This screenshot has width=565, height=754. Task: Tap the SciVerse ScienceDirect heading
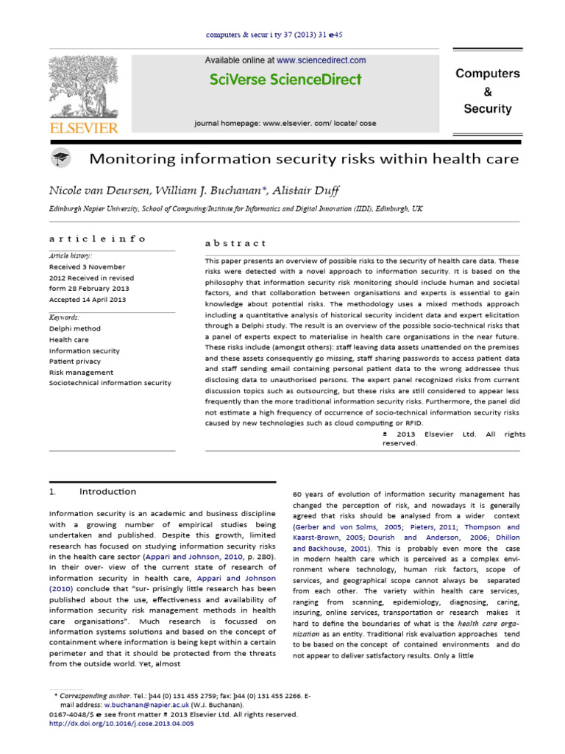285,80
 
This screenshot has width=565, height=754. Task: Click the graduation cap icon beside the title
61,158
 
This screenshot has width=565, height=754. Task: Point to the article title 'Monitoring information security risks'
304,159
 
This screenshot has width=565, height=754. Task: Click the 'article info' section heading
97,239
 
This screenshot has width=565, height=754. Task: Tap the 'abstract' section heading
235,242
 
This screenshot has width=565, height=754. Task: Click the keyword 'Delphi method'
74,328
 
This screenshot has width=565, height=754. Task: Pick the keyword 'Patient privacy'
77,362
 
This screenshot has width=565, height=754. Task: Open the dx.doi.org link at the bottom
121,724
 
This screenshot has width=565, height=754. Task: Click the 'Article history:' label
72,256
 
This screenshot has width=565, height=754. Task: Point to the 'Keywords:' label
65,317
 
